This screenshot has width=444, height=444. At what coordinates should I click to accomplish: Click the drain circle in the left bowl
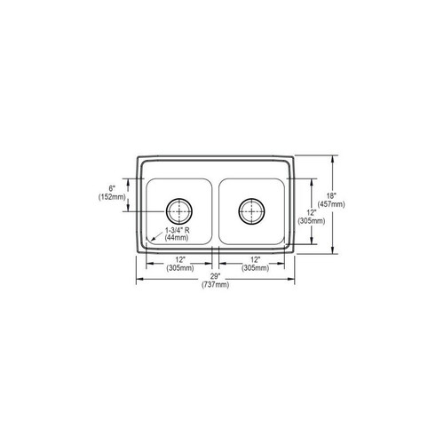pyautogui.click(x=180, y=211)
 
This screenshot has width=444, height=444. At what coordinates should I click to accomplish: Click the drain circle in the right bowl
pyautogui.click(x=250, y=211)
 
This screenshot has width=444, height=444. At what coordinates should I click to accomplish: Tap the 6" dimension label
pyautogui.click(x=113, y=188)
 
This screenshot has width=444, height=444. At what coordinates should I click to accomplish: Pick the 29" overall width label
pyautogui.click(x=215, y=275)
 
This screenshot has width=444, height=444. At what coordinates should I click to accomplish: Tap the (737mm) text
pyautogui.click(x=215, y=284)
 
